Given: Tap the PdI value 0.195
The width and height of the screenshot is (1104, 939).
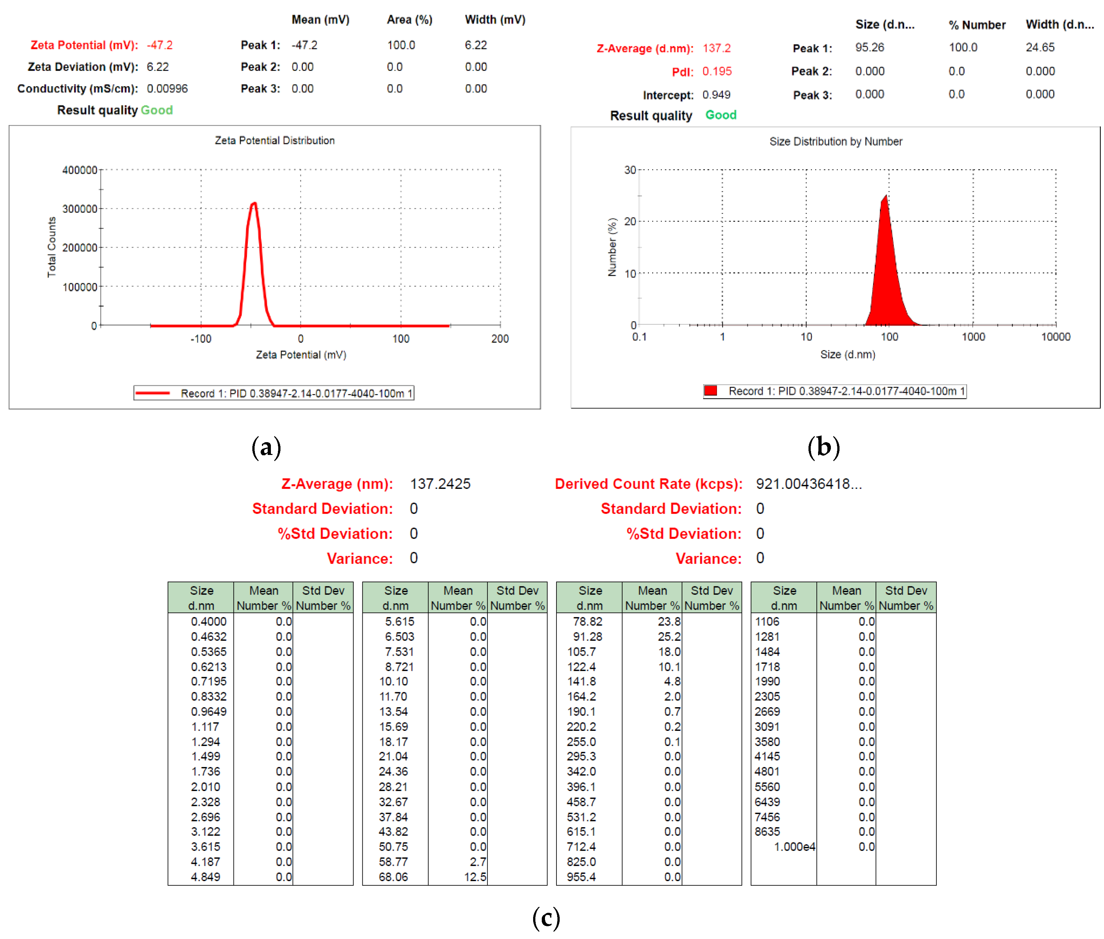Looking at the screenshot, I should click(x=716, y=71).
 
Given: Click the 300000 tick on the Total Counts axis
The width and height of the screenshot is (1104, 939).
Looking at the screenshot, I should click(x=80, y=209).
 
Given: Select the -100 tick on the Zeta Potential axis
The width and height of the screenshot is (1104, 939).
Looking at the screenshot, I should click(x=201, y=339).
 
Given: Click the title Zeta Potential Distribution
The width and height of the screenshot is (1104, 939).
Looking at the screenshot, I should click(x=274, y=141).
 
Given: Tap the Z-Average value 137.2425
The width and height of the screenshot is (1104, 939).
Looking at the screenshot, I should click(x=439, y=483).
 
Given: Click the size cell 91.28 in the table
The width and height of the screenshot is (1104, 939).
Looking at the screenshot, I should click(x=581, y=636).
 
